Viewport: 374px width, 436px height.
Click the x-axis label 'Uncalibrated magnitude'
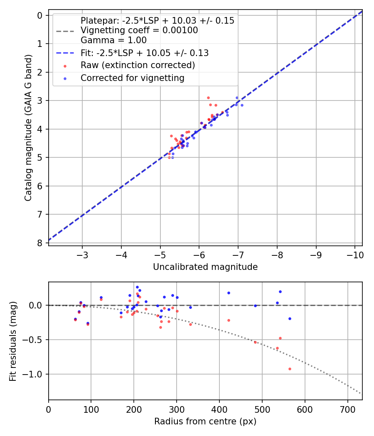205,267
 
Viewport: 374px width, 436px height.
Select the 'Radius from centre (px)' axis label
205,421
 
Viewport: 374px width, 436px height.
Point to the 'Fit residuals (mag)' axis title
13,341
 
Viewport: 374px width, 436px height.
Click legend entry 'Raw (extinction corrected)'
138,65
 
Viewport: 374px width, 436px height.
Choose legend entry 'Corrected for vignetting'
133,78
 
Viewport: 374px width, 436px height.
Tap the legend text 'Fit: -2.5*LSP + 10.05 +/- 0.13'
145,53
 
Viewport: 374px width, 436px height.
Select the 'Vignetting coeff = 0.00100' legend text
139,30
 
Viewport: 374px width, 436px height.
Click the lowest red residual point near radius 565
290,369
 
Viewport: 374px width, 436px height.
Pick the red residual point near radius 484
255,342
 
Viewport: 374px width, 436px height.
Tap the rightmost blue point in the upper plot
242,105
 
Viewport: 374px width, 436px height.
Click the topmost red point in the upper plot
208,98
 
